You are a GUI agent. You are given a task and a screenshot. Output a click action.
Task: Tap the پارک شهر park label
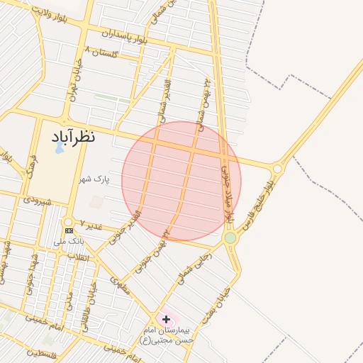pos(95,179)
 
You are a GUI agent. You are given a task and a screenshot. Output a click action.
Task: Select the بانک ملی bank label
pos(72,242)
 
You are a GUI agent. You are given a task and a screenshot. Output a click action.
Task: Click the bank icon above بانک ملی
pos(69,230)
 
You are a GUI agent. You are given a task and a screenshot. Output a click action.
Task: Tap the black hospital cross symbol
pos(166,320)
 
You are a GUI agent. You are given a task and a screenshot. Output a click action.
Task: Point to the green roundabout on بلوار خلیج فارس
pos(230,238)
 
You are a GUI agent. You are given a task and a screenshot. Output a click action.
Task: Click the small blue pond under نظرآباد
pos(59,150)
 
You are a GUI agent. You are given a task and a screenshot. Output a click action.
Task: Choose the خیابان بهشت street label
pos(216,305)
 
